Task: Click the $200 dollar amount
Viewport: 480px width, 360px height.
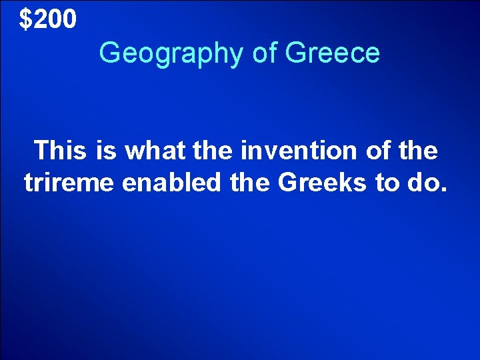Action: (48, 20)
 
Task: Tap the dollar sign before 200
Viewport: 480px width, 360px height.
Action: (25, 20)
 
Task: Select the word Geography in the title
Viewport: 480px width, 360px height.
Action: (172, 53)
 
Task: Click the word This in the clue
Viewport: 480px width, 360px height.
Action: (60, 151)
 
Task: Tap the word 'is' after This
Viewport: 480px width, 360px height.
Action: (105, 151)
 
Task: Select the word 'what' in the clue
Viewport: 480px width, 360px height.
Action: (153, 151)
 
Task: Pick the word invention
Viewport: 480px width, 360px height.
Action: (297, 151)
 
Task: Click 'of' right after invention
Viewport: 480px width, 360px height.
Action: (375, 151)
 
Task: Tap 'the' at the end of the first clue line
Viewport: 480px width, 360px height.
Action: (418, 151)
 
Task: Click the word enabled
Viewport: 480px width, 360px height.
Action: (170, 182)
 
